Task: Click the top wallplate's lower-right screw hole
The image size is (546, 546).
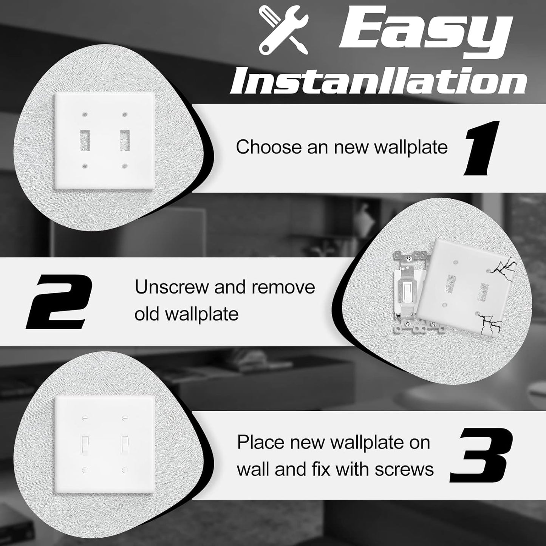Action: [x=124, y=166]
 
